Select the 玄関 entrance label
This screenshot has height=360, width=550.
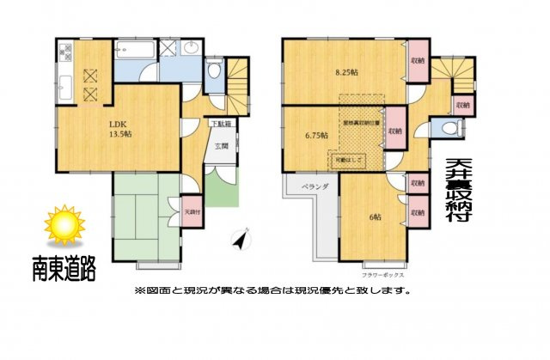[221, 146]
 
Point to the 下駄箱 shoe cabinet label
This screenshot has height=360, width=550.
[221, 124]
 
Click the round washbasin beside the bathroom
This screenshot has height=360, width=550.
[191, 47]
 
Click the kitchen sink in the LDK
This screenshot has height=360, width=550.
[66, 86]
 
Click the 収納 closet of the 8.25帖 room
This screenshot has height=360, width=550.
[418, 61]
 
